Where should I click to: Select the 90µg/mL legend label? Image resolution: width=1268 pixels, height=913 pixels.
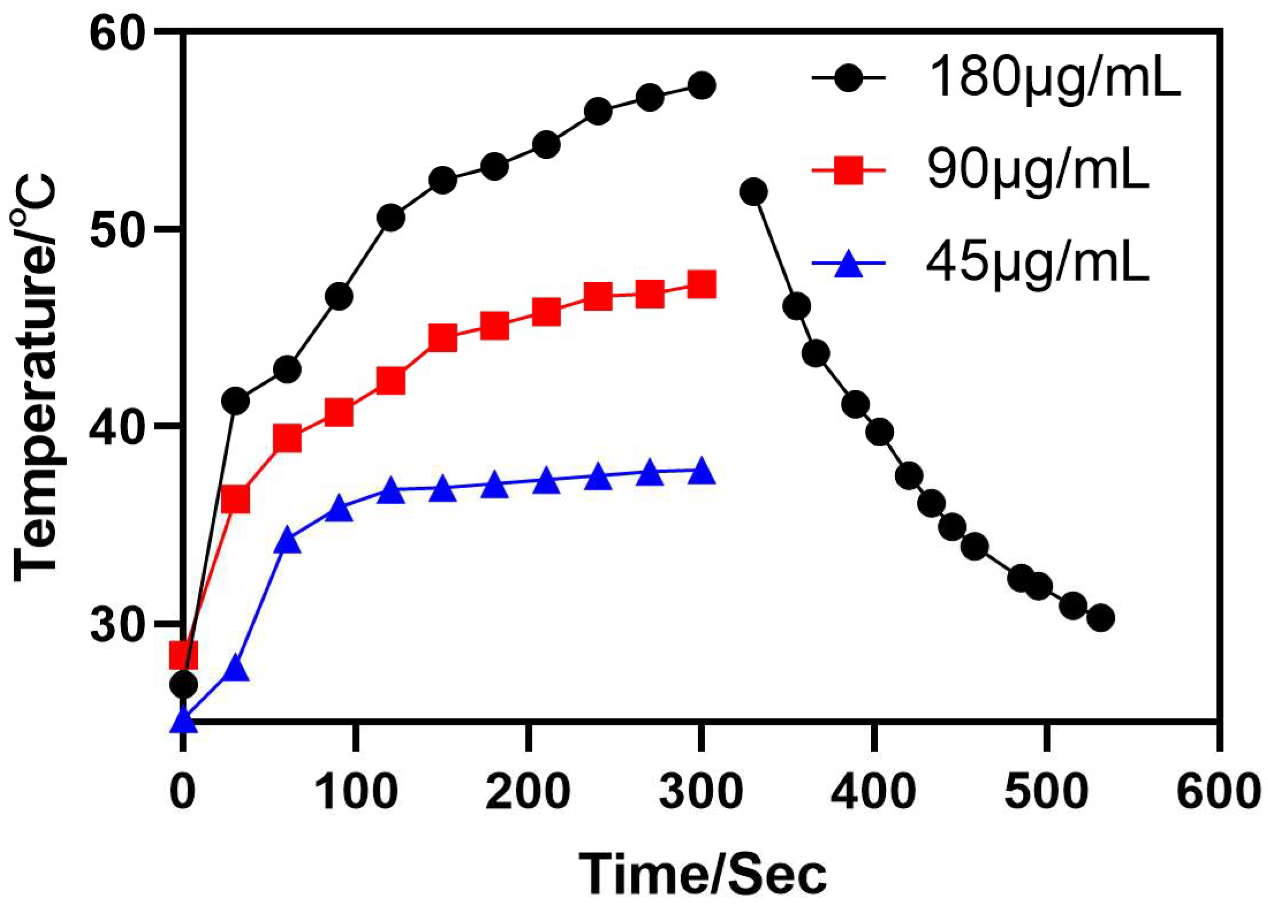coord(1038,171)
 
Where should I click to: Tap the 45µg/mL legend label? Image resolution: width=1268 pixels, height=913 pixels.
coord(1038,264)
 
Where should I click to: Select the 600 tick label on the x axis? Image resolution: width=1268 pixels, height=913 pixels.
coord(1218,792)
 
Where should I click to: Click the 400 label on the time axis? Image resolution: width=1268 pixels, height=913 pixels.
coord(873,792)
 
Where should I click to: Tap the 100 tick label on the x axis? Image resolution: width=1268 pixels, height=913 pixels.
coord(356,792)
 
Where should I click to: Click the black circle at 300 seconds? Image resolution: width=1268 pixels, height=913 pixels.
coord(702,86)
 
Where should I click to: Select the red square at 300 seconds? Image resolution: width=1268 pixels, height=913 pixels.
coord(702,285)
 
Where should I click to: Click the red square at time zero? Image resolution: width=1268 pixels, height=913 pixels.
coord(184,655)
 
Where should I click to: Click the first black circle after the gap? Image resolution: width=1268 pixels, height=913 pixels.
coord(754,192)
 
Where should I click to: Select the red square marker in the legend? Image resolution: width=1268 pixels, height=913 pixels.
coord(848,170)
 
